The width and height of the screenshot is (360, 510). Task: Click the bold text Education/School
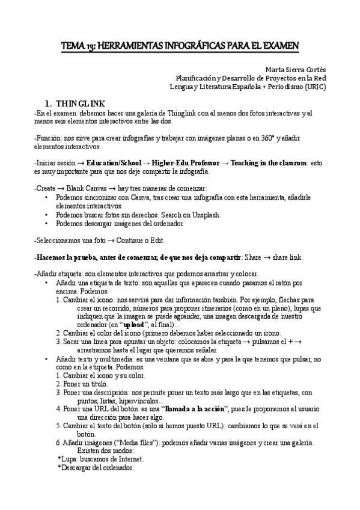pos(114,163)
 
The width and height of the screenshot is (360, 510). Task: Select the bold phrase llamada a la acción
pos(195,409)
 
